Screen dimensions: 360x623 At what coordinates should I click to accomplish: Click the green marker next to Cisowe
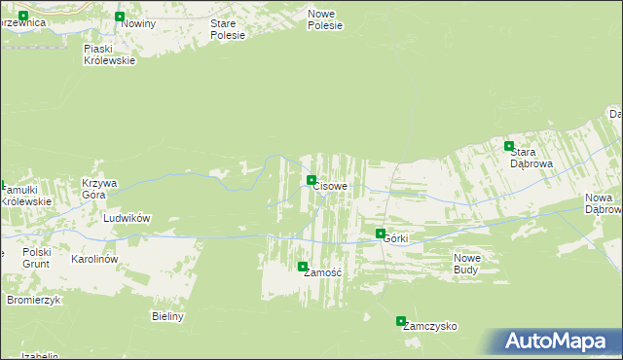311,180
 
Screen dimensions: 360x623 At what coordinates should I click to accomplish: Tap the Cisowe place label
331,186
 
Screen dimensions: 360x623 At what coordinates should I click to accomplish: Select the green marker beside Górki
381,234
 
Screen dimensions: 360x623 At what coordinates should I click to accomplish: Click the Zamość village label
321,273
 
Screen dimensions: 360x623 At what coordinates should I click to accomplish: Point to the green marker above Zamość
303,267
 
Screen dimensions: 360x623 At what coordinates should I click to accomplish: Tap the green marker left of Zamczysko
401,321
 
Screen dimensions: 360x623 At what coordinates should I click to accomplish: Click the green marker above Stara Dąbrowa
508,146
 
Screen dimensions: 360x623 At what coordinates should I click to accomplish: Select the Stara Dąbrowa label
531,159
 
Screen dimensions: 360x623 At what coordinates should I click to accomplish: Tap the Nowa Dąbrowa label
603,203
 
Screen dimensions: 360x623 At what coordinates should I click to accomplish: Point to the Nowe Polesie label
325,19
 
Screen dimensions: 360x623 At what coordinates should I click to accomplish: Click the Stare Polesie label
228,29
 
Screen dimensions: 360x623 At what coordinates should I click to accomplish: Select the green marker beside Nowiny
120,17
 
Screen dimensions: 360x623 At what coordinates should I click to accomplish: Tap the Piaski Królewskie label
109,54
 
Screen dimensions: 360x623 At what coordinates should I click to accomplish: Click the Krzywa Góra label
98,189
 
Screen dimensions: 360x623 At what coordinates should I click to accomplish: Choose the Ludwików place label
127,219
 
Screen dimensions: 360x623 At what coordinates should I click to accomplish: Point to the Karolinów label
94,260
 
